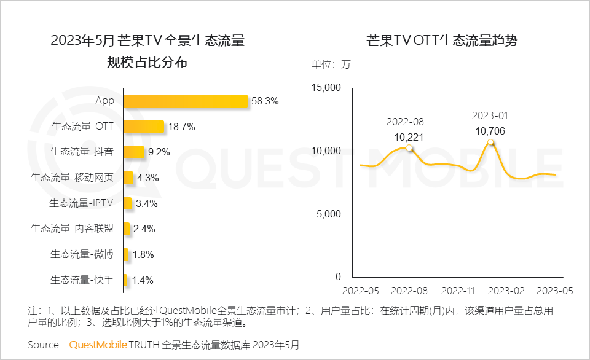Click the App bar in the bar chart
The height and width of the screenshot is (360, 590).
pyautogui.click(x=185, y=101)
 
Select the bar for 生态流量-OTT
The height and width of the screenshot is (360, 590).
pyautogui.click(x=144, y=127)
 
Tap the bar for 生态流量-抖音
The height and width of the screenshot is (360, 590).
pyautogui.click(x=133, y=152)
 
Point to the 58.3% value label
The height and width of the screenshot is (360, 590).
pyautogui.click(x=264, y=101)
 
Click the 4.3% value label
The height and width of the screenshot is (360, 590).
pyautogui.click(x=148, y=178)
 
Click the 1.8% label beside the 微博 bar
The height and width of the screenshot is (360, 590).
pyautogui.click(x=143, y=254)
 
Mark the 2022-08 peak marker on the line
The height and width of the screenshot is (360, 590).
pyautogui.click(x=409, y=148)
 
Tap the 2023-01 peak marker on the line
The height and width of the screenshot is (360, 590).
pyautogui.click(x=490, y=143)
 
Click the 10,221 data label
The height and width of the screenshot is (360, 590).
pyautogui.click(x=409, y=136)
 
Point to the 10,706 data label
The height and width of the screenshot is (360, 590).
pyautogui.click(x=490, y=130)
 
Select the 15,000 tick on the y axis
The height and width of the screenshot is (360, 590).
pyautogui.click(x=326, y=88)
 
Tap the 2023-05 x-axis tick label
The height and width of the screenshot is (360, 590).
pyautogui.click(x=555, y=290)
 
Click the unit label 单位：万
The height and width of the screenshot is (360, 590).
pyautogui.click(x=331, y=65)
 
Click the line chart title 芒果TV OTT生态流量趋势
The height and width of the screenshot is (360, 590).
pyautogui.click(x=441, y=41)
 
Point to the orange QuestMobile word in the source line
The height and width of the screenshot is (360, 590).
pyautogui.click(x=98, y=345)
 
